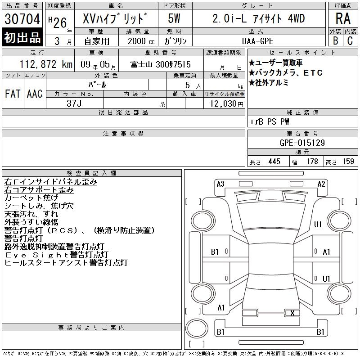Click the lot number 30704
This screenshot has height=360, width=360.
click(x=22, y=19)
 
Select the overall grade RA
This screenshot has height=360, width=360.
click(x=343, y=18)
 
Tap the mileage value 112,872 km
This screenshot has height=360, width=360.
click(x=46, y=64)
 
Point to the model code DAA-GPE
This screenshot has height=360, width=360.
click(x=257, y=41)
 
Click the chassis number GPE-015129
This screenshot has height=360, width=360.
click(x=302, y=143)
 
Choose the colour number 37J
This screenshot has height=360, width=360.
click(x=74, y=103)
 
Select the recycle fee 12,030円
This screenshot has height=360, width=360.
click(x=227, y=103)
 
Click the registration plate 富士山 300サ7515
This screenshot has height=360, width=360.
click(x=161, y=64)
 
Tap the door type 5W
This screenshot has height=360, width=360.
click(x=174, y=18)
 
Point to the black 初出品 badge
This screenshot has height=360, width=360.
click(x=22, y=37)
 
